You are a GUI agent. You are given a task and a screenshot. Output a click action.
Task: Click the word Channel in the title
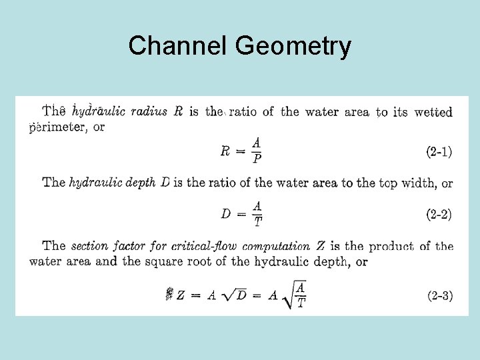click(x=178, y=46)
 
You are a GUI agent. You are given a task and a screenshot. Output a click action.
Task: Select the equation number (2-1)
click(x=439, y=152)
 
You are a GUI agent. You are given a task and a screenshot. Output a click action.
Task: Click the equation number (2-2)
click(x=439, y=214)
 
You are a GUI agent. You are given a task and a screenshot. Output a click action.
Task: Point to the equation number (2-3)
click(x=439, y=295)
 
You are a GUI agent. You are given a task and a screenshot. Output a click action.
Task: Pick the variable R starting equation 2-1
click(x=226, y=151)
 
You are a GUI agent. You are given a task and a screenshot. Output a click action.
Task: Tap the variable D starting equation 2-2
click(x=226, y=214)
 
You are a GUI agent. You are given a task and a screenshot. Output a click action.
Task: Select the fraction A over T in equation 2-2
click(x=257, y=214)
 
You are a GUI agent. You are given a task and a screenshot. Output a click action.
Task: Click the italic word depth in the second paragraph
click(x=143, y=183)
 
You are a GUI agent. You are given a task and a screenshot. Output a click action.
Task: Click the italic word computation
click(x=277, y=247)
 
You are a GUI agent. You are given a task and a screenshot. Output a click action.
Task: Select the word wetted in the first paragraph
click(x=433, y=111)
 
